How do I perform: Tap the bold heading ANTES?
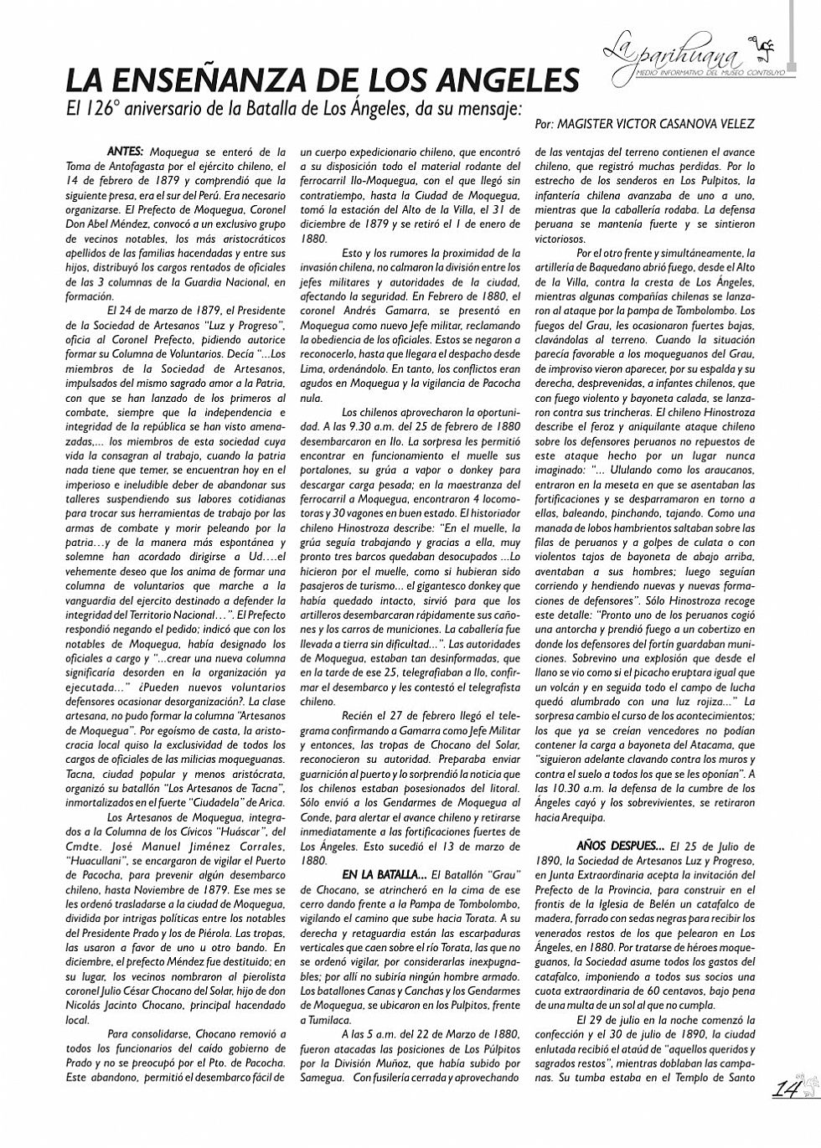[126, 152]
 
